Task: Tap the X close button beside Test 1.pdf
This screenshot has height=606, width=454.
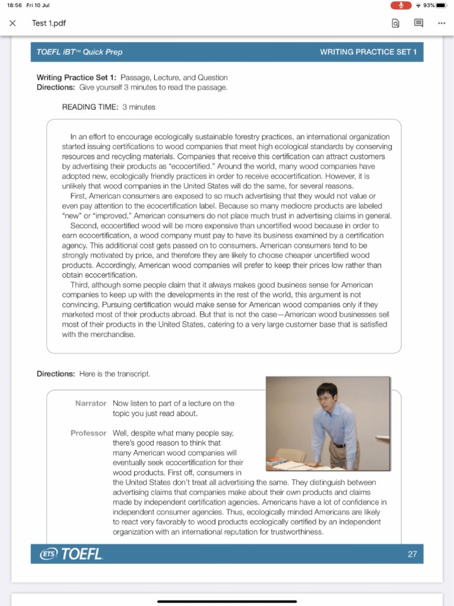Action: [12, 24]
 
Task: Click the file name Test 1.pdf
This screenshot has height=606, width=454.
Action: [48, 24]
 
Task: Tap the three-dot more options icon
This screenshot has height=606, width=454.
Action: [441, 24]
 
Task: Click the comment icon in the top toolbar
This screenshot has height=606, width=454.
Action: [419, 24]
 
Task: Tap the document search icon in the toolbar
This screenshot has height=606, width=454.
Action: [395, 24]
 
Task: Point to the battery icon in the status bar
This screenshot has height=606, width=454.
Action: [442, 5]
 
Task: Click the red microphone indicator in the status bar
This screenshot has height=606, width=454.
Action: [401, 5]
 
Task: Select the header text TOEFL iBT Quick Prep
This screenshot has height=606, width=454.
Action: [79, 52]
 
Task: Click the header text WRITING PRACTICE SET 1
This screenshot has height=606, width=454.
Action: [368, 52]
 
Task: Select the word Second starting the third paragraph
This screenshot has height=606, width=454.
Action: [83, 225]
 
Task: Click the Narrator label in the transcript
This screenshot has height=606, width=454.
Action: [90, 403]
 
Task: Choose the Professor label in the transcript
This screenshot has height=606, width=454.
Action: [89, 433]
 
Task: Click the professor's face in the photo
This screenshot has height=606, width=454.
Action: [326, 397]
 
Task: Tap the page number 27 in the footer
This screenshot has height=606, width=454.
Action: [412, 554]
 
